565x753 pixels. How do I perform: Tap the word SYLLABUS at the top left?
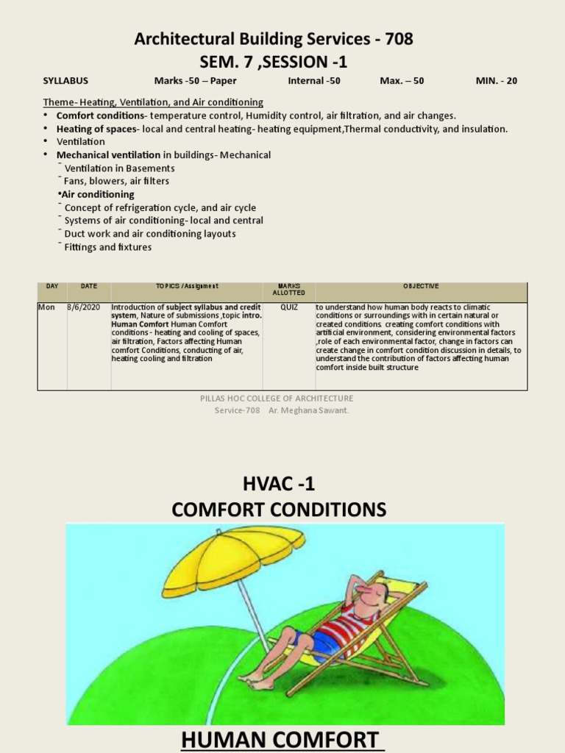click(x=65, y=81)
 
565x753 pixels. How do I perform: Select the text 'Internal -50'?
click(x=314, y=81)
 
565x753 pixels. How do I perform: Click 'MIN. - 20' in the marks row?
click(x=497, y=81)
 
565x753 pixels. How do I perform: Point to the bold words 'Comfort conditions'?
click(x=100, y=115)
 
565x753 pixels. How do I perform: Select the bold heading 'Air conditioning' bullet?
click(x=98, y=194)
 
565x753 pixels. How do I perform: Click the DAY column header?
click(x=51, y=286)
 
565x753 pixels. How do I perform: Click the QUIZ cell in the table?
click(x=289, y=307)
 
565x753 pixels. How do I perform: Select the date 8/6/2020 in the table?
click(x=84, y=307)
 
